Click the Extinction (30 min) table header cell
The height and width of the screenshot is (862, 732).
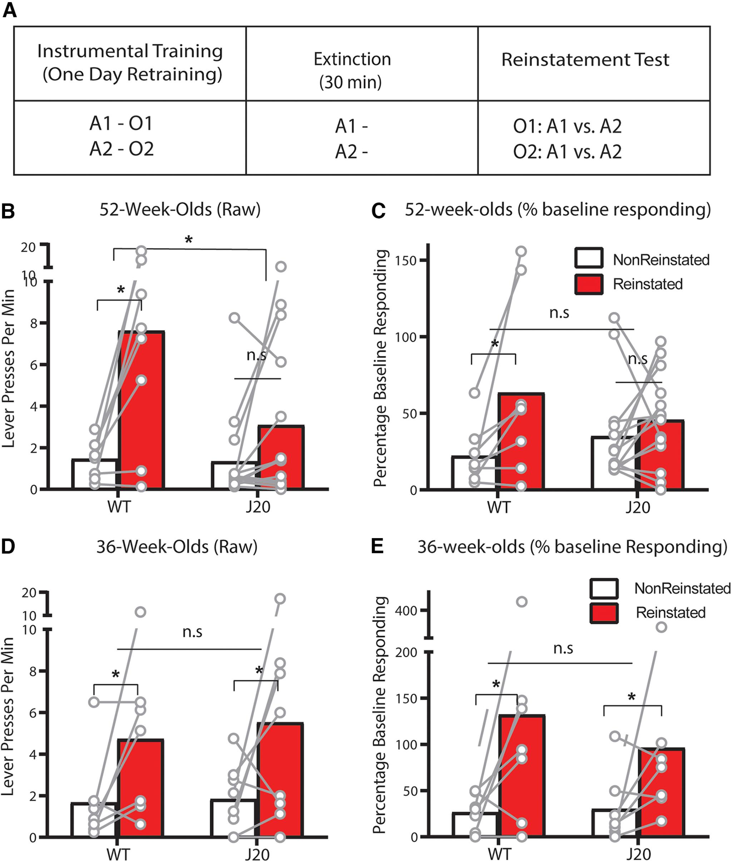(352, 70)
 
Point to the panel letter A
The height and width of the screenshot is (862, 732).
(10, 10)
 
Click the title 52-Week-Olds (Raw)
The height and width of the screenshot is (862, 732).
(180, 210)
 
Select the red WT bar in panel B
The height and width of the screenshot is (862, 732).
(142, 411)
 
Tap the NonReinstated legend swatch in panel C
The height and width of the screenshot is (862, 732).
(588, 258)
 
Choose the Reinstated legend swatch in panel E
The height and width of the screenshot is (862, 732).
(604, 612)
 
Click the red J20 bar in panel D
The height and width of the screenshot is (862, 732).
(280, 780)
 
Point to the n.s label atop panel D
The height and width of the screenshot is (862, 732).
(193, 632)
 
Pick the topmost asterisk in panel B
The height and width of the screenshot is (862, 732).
(189, 240)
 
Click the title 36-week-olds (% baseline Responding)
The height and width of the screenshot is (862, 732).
(572, 547)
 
